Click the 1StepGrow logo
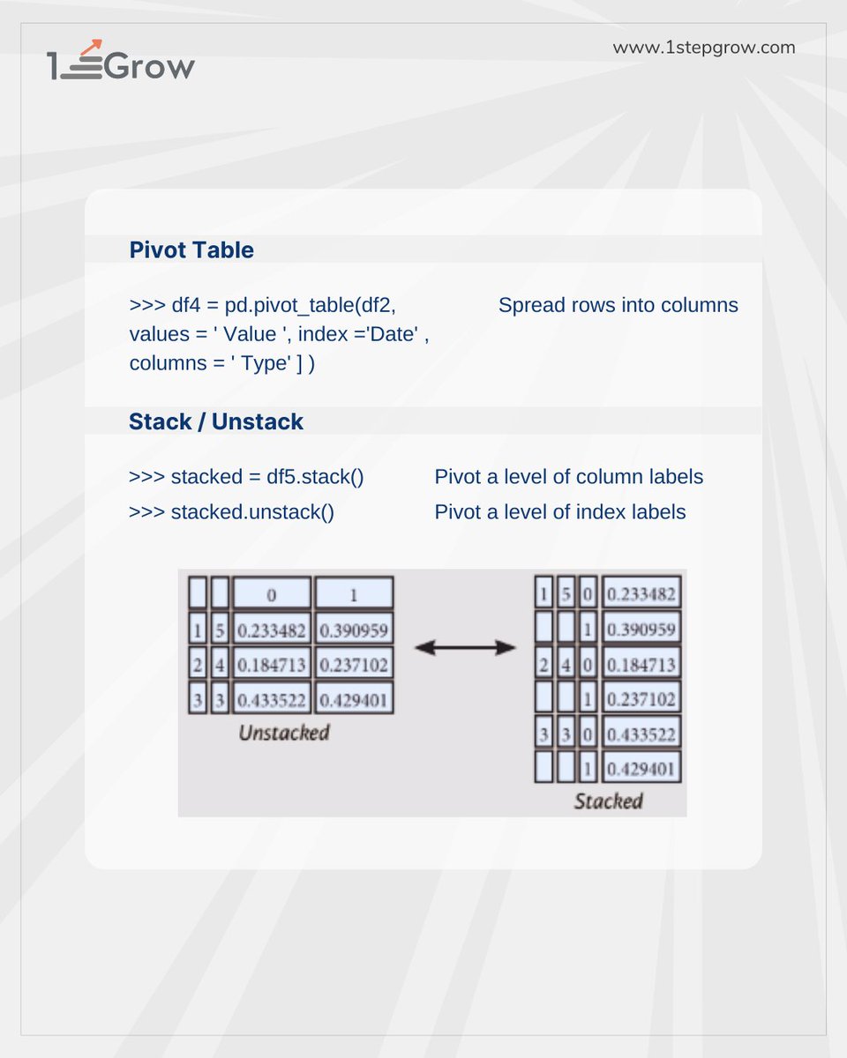(x=121, y=62)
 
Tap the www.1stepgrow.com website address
(x=704, y=48)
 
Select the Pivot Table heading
(x=191, y=250)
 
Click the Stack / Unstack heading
(x=216, y=421)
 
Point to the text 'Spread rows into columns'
(x=618, y=306)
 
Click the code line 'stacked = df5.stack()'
(x=246, y=477)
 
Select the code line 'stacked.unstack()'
(x=231, y=512)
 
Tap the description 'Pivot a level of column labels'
(x=568, y=477)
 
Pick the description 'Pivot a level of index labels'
(x=559, y=512)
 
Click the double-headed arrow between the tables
(x=465, y=648)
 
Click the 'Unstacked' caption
(x=283, y=733)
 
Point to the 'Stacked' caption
(x=608, y=801)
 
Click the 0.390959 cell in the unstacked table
(x=354, y=630)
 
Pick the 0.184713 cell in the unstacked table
(x=272, y=664)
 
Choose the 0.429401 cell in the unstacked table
(x=354, y=699)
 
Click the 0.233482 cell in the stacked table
(x=641, y=593)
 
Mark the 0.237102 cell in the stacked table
(x=641, y=698)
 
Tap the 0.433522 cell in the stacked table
(x=641, y=733)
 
